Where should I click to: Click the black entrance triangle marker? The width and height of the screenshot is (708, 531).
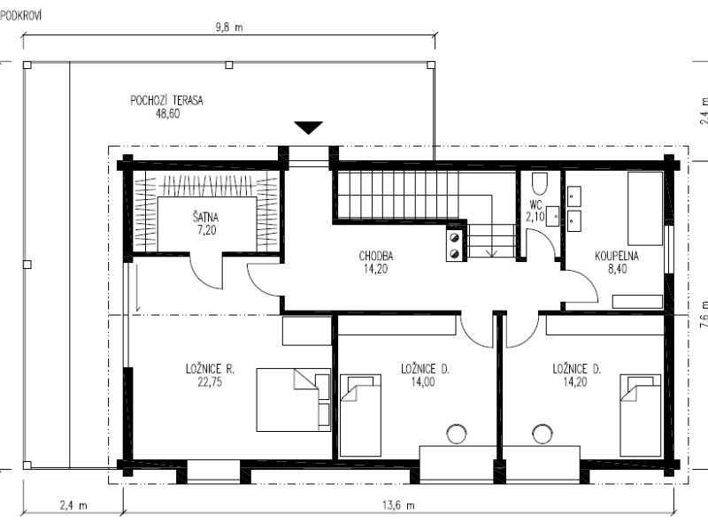(308, 127)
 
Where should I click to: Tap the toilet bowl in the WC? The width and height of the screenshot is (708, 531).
(539, 183)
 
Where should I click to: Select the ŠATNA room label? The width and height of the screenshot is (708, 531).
(205, 218)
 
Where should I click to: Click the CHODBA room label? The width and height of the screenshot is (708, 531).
(376, 256)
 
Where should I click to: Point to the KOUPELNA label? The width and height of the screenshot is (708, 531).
(617, 256)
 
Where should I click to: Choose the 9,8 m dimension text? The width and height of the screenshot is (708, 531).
(229, 27)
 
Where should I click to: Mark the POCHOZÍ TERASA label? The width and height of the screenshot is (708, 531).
(166, 100)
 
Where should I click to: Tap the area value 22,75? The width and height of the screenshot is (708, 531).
(210, 382)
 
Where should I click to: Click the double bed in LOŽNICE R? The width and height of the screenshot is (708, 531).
(294, 400)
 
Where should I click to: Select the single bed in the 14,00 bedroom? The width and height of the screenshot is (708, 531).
(360, 415)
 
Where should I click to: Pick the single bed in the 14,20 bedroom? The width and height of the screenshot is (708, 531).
(641, 415)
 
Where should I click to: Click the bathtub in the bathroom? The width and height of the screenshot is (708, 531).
(645, 208)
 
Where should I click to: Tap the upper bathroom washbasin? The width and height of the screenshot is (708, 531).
(573, 196)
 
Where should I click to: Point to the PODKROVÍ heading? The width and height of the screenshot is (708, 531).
(20, 16)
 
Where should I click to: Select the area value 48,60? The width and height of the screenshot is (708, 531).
(167, 113)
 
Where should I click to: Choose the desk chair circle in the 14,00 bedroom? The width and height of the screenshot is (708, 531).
(457, 434)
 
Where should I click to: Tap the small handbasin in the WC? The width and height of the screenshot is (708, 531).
(552, 216)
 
